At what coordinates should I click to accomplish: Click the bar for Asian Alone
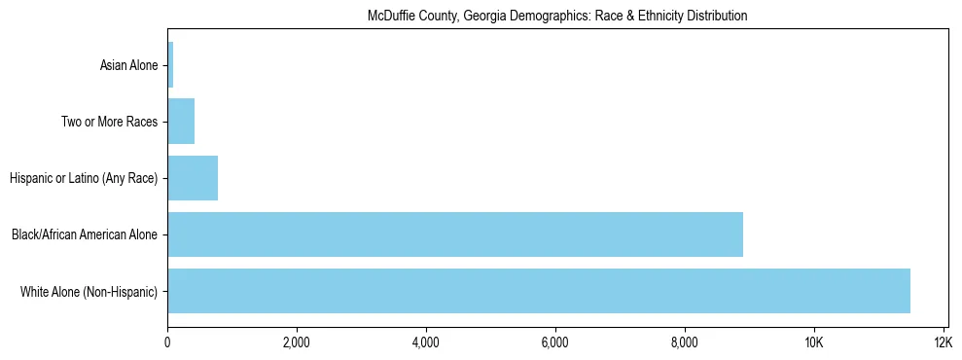[170, 65]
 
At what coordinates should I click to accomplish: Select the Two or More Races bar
[181, 122]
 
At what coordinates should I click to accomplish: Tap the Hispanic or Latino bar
[193, 178]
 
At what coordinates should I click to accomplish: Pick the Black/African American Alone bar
[455, 234]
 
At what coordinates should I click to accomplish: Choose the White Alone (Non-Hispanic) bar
[539, 291]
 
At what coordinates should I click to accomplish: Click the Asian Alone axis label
[128, 66]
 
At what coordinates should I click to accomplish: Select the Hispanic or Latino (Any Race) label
[83, 179]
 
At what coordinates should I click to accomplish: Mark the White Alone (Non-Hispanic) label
[89, 292]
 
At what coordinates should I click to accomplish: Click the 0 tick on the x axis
[167, 342]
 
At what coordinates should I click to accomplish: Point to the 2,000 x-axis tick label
[297, 342]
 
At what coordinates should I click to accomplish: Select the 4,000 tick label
[426, 342]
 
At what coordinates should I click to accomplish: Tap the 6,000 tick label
[555, 342]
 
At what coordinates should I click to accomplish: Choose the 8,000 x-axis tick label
[685, 342]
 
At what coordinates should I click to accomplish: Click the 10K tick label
[814, 342]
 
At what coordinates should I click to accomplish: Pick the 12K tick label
[943, 342]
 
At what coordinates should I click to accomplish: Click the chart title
[556, 17]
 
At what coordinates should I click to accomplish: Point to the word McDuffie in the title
[389, 17]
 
